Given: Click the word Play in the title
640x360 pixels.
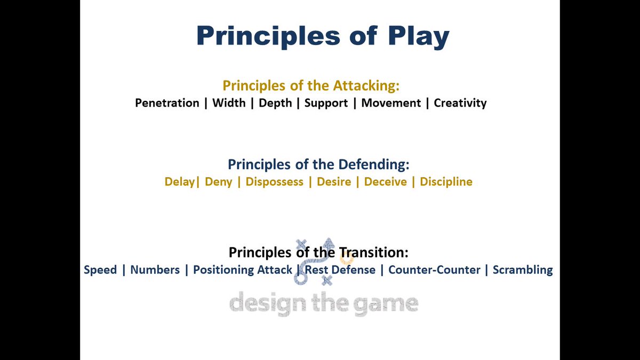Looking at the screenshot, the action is click(419, 36).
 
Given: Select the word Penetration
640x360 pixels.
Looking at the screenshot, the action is click(167, 103).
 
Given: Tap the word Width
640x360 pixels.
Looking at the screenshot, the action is click(229, 103).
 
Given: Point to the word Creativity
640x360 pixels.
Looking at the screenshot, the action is click(460, 103).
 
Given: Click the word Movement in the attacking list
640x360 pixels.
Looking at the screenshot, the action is click(391, 103).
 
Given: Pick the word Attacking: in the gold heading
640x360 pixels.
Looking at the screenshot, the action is click(366, 86).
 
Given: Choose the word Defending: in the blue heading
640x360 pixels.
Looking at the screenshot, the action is click(374, 165).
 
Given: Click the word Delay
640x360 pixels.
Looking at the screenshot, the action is click(180, 182).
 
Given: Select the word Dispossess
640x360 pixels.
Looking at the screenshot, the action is click(275, 182).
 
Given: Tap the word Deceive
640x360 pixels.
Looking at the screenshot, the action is click(386, 182).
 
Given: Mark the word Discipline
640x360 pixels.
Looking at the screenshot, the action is click(446, 182).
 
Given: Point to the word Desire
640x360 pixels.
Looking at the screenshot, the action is click(334, 182).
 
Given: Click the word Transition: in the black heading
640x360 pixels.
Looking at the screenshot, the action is click(374, 252).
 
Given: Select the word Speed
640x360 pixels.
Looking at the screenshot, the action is click(100, 270).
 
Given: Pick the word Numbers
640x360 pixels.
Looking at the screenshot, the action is click(155, 270).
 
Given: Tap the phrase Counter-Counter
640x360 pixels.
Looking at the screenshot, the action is click(434, 270).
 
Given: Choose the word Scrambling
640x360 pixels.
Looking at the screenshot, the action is click(523, 270).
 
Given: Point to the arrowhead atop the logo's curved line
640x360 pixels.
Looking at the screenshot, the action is click(329, 243).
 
